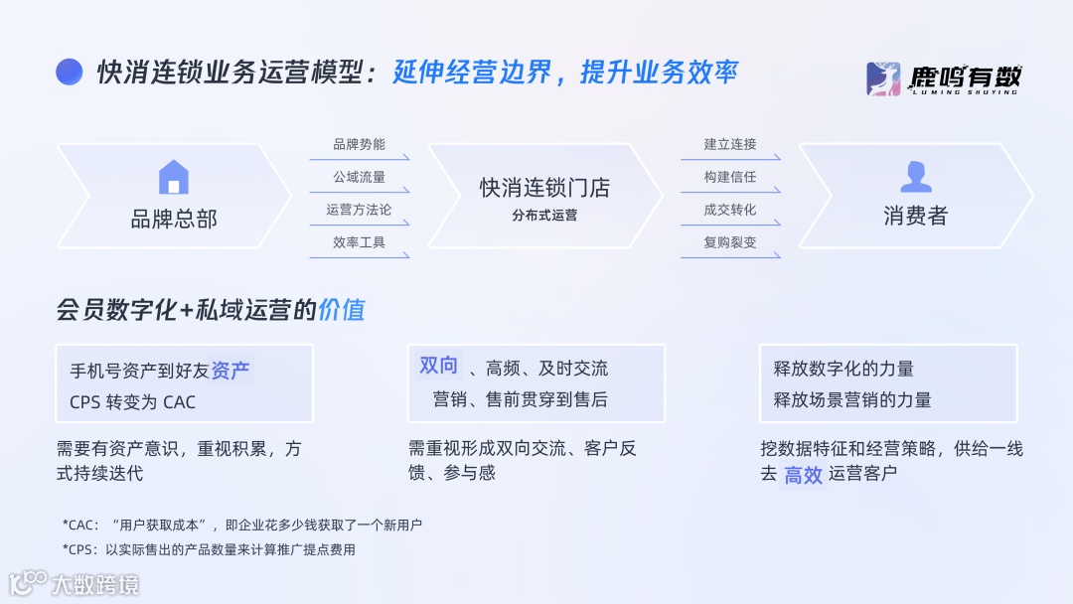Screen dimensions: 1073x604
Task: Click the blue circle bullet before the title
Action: (69, 73)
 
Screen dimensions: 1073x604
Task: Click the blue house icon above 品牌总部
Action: (173, 177)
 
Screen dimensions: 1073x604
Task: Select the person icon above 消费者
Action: (915, 177)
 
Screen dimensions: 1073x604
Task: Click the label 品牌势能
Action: (359, 145)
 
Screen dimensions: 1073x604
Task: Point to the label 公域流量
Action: (359, 178)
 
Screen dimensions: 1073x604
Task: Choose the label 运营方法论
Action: (359, 210)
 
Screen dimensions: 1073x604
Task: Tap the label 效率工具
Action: (359, 242)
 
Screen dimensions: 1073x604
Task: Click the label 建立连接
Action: (730, 145)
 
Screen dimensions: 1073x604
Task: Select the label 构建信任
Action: (730, 178)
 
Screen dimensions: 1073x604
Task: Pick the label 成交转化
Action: (730, 210)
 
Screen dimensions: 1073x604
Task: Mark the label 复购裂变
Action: (730, 242)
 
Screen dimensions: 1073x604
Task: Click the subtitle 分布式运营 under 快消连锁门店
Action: (544, 215)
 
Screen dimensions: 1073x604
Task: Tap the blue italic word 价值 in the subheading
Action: (342, 310)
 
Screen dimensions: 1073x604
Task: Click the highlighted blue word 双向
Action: (438, 366)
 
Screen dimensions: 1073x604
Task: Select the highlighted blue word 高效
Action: (803, 475)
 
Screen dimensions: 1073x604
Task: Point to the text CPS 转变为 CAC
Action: (132, 402)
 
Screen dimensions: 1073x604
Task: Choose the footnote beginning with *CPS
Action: (208, 549)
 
